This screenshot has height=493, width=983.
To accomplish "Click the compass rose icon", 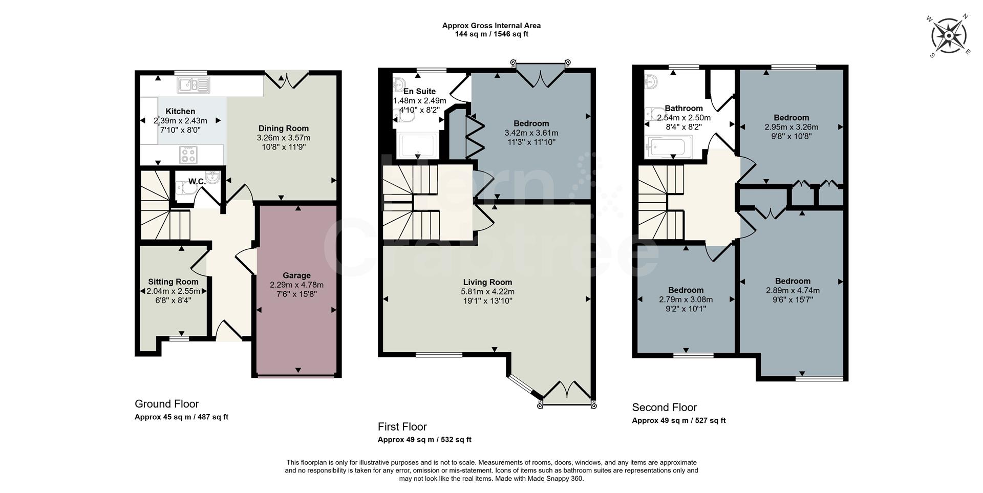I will (948, 36).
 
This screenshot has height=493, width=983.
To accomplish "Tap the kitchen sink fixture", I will (193, 85).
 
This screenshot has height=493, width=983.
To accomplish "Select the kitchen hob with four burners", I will (188, 154).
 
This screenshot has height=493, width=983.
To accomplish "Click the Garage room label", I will (296, 275).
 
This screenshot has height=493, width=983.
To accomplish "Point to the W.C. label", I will (197, 182).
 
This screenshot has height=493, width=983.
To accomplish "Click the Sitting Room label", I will (173, 282).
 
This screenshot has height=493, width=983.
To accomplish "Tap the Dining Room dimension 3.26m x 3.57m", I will (284, 138).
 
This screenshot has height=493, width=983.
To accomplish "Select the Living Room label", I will (487, 282).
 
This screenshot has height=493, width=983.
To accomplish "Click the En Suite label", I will (419, 92).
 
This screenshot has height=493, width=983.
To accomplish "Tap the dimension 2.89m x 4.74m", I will (793, 290).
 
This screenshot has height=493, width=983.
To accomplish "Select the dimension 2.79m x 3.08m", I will (686, 299).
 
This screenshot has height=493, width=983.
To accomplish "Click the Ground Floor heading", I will (166, 404).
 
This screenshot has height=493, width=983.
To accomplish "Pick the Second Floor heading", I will (664, 408).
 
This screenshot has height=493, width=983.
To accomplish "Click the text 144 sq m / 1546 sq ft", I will (491, 34).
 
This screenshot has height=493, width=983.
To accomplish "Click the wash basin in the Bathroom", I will (651, 81).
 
